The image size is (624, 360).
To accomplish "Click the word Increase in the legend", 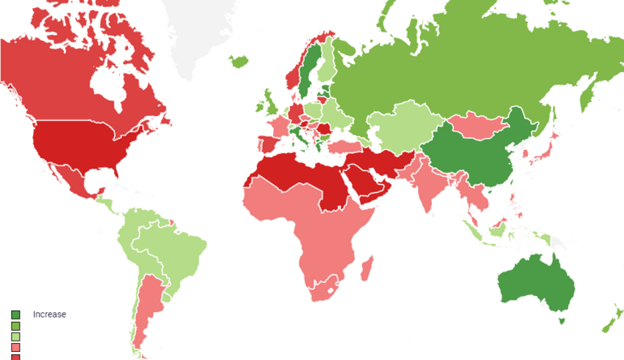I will [x=49, y=315].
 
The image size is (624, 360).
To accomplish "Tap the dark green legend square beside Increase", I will [x=15, y=315].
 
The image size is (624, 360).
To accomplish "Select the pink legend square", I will [x=15, y=347].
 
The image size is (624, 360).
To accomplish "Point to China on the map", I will [x=478, y=154].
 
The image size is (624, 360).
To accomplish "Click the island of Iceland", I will [x=239, y=60].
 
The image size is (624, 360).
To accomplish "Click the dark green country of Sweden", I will [x=307, y=73].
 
